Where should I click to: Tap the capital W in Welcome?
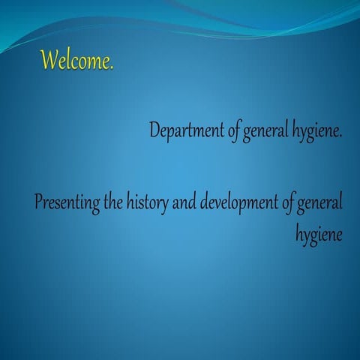click(x=50, y=59)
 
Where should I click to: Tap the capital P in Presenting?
click(x=40, y=202)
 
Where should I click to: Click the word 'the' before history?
click(x=115, y=202)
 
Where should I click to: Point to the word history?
click(x=149, y=203)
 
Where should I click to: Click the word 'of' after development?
click(x=288, y=203)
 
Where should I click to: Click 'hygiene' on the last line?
click(x=319, y=234)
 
